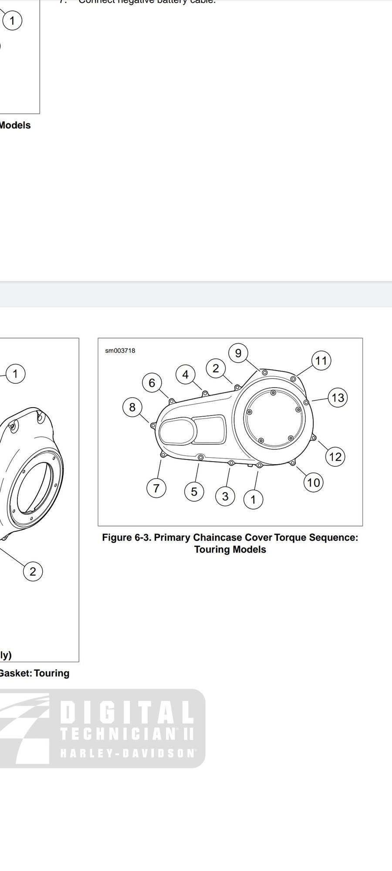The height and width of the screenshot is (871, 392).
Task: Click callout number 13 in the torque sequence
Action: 338,398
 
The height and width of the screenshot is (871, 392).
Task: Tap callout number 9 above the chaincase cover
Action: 238,353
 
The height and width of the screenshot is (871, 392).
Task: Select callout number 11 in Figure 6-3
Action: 321,361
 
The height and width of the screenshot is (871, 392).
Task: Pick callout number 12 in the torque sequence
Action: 335,456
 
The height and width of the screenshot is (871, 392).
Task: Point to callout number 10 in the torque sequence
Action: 313,482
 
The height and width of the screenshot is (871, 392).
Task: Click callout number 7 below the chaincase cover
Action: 156,488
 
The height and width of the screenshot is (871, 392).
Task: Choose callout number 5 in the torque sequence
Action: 194,491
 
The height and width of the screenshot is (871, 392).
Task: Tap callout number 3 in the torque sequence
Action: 225,496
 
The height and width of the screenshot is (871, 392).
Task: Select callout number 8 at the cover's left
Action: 132,407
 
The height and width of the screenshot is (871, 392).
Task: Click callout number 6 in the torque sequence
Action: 152,382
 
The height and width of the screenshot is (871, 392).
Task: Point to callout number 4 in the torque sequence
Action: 186,374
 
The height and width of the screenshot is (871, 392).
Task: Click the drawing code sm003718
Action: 120,351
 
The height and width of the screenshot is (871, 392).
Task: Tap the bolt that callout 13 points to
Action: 306,402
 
